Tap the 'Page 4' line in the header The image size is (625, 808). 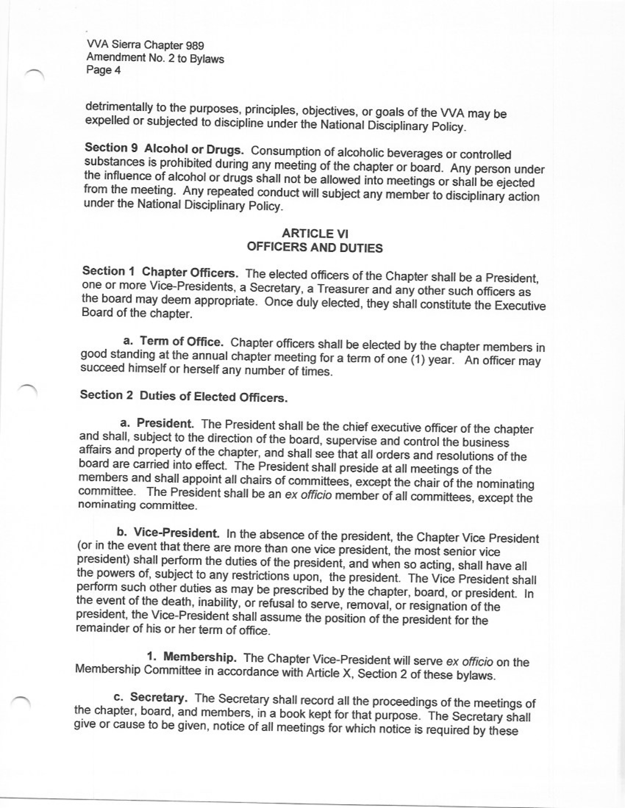(x=103, y=70)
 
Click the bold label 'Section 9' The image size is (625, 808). (x=111, y=148)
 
